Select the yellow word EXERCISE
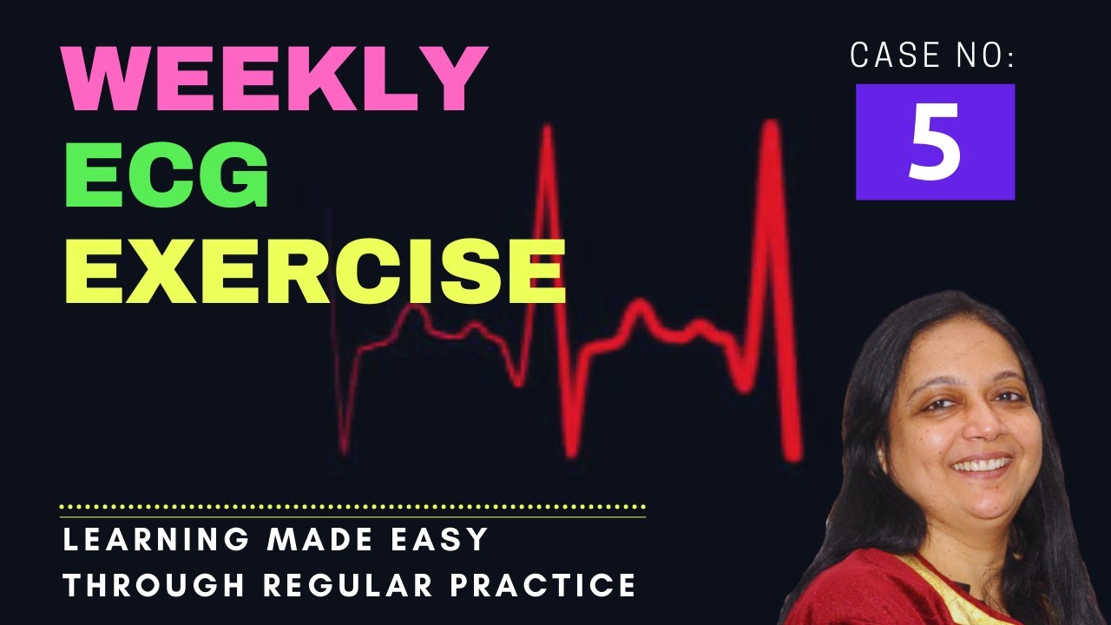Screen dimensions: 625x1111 (315, 271)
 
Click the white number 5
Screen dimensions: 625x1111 (935, 142)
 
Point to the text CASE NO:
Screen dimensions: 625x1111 (932, 56)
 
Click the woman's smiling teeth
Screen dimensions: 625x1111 (980, 465)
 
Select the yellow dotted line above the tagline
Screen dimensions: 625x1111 (352, 506)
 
